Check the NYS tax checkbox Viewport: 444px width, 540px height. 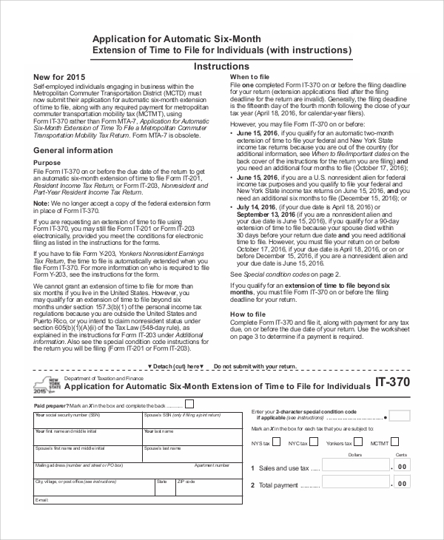pyautogui.click(x=275, y=443)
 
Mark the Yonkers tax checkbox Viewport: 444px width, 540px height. pyautogui.click(x=357, y=443)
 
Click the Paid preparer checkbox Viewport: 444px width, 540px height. pyautogui.click(x=189, y=404)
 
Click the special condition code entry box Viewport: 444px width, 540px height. pyautogui.click(x=400, y=416)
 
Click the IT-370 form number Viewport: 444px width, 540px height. pyautogui.click(x=392, y=383)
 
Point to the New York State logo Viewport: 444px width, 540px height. pyautogui.click(x=45, y=385)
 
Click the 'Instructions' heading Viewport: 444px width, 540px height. pyautogui.click(x=221, y=67)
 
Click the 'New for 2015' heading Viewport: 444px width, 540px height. pyautogui.click(x=59, y=78)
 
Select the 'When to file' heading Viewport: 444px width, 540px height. pyautogui.click(x=249, y=77)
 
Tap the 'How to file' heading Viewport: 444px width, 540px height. pyautogui.click(x=248, y=314)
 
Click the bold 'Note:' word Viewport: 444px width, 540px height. pyautogui.click(x=41, y=203)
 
